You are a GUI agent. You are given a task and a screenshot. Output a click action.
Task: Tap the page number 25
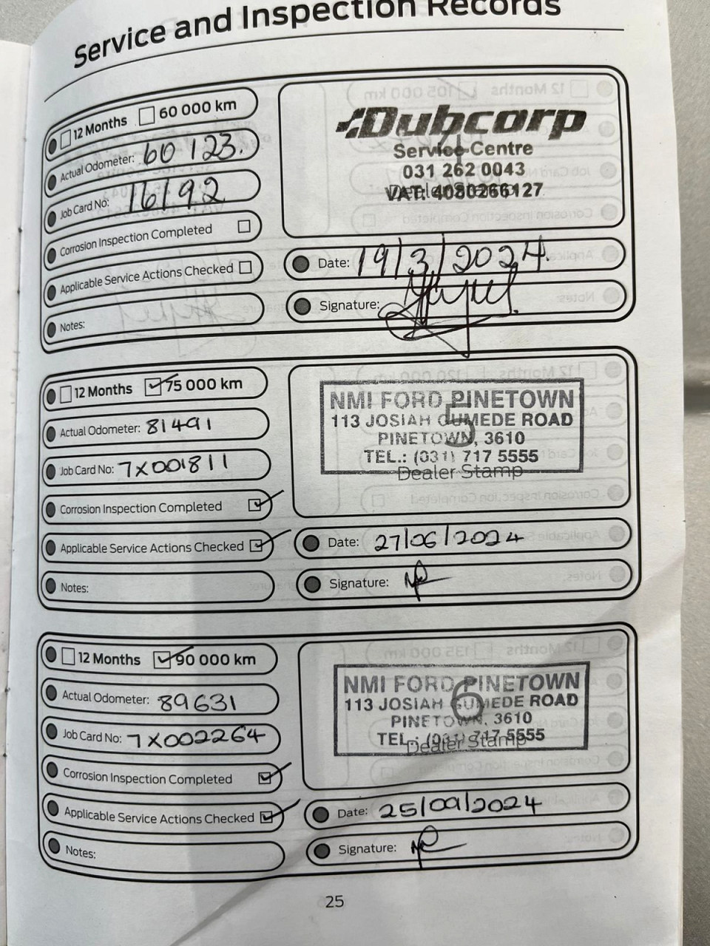pos(334,901)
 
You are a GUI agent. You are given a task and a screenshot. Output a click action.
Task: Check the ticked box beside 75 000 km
pos(154,387)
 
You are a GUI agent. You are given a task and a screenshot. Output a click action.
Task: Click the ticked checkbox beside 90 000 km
pos(163,659)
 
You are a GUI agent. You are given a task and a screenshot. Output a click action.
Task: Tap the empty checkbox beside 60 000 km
pos(147,115)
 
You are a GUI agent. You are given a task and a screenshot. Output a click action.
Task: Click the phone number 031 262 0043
pos(464,170)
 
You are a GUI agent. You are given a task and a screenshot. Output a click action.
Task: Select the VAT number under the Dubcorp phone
pos(464,191)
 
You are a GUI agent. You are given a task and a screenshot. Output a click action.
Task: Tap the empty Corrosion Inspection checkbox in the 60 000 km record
pos(244,227)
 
